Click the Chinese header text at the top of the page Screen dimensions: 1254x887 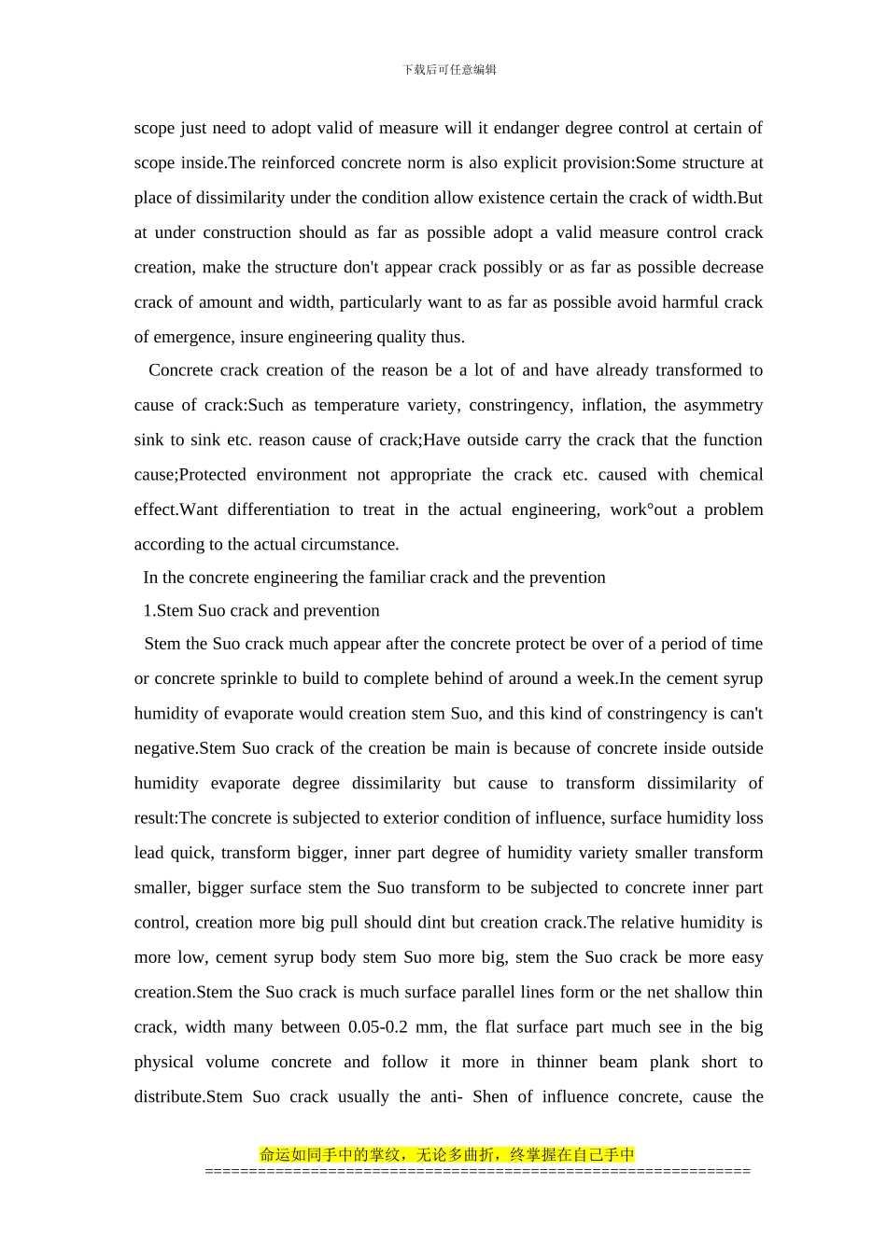[449, 70]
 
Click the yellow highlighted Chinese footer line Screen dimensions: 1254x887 [446, 1155]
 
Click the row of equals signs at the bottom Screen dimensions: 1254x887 [477, 1171]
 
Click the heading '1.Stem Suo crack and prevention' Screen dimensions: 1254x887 [260, 611]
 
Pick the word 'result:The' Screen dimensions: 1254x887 [170, 818]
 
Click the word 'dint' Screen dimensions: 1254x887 [430, 923]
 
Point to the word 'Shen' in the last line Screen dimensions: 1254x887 [490, 1097]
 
